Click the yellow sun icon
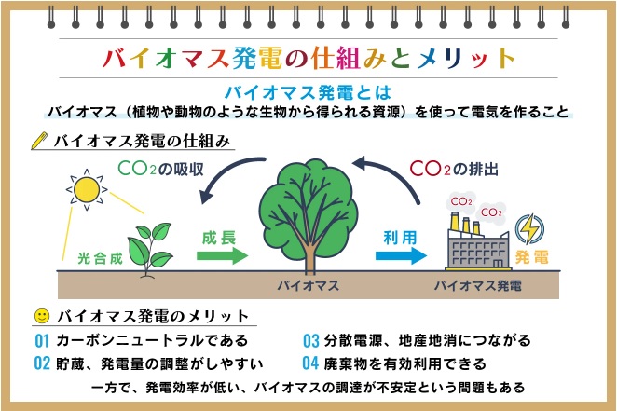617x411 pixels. [x=87, y=189]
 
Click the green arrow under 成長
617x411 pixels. [x=223, y=255]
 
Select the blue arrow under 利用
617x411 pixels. [x=401, y=255]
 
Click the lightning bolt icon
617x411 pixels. [x=529, y=229]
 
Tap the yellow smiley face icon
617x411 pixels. [x=42, y=316]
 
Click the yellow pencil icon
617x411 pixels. [x=39, y=141]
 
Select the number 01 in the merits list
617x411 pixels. [x=42, y=341]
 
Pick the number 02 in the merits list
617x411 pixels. [x=42, y=363]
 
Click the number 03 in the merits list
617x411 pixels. [x=310, y=340]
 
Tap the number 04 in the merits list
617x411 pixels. [x=310, y=363]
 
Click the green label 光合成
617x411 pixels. [x=100, y=258]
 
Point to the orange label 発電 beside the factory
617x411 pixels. [x=531, y=257]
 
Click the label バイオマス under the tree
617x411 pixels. [x=308, y=285]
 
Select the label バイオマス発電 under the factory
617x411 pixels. [x=478, y=285]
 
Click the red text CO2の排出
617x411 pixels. [x=454, y=169]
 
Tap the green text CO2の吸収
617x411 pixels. [x=160, y=169]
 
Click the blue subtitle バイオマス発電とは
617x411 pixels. [x=308, y=93]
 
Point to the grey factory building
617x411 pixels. [x=478, y=249]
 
